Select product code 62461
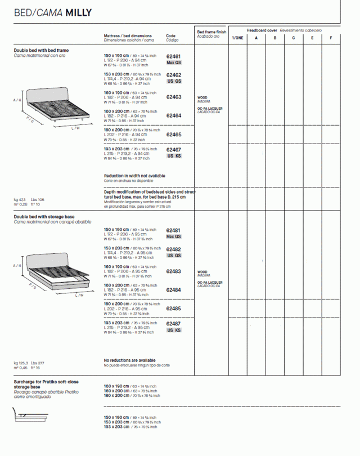coord(173,57)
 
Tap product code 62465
coord(173,135)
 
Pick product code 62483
coord(173,271)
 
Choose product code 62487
coord(173,324)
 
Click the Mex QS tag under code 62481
coord(174,236)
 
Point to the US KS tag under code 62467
coord(174,156)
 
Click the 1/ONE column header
coord(237,38)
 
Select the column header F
coord(331,38)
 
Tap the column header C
coord(293,38)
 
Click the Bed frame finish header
coord(211,33)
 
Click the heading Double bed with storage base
coord(44,217)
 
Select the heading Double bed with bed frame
coord(41,51)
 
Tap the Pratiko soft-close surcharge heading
coord(46,385)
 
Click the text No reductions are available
coord(130,360)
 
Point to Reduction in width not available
coord(134,176)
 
